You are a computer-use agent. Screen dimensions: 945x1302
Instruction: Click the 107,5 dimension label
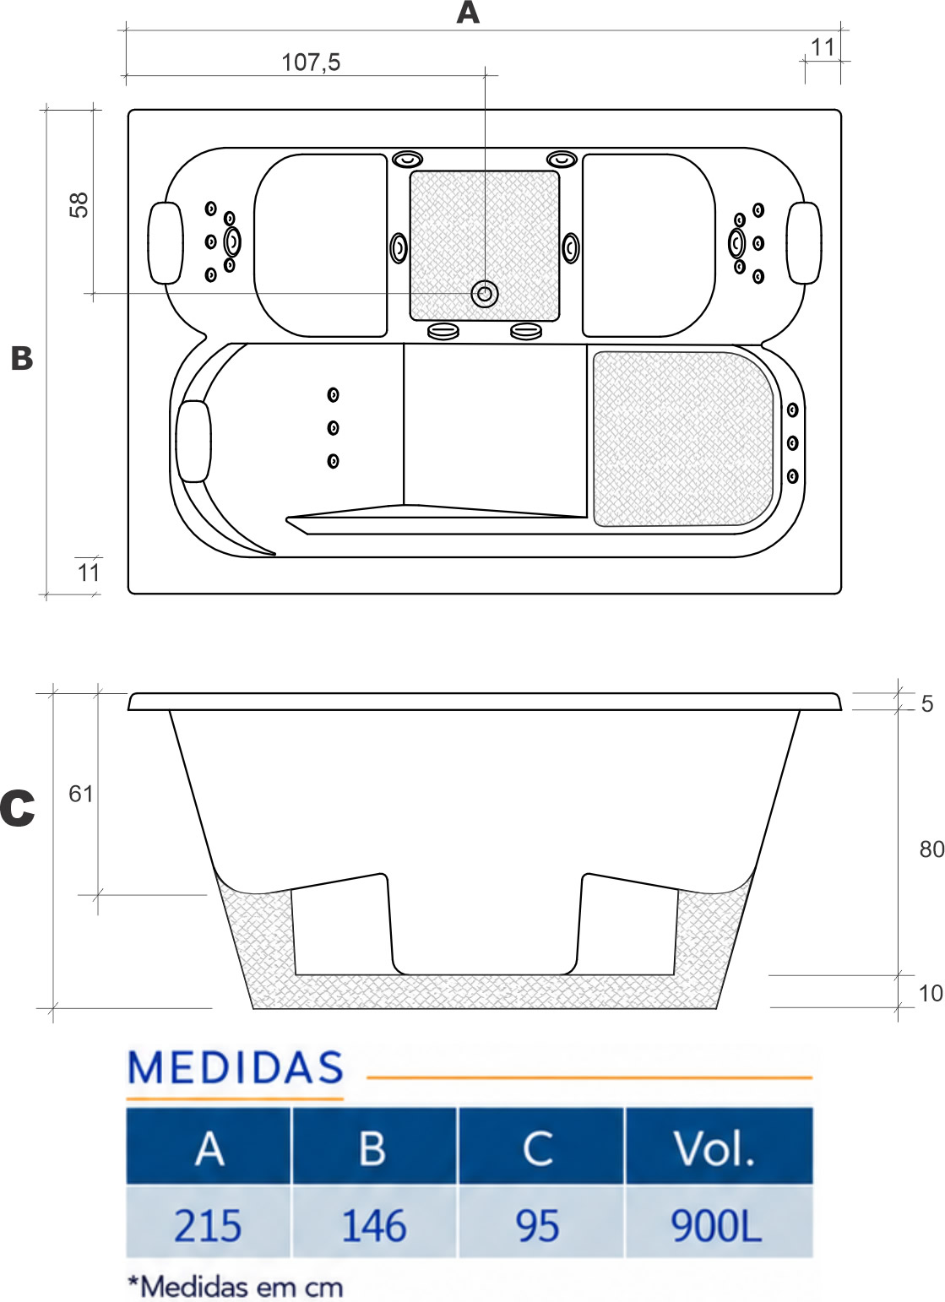pos(311,62)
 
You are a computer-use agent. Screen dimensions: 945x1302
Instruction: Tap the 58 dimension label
pos(79,204)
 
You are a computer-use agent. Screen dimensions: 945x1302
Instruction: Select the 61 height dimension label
pos(81,794)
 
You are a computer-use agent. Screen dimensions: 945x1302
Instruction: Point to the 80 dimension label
pos(931,849)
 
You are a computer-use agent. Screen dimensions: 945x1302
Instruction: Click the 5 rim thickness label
pos(927,704)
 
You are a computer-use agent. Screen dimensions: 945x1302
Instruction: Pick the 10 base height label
pos(931,993)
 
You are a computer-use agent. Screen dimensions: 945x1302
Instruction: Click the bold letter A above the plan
pos(468,12)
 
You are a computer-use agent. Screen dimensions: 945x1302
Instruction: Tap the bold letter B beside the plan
pos(22,358)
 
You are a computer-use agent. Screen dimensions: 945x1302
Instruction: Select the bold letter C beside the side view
pos(18,808)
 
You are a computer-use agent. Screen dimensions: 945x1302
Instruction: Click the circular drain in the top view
pos(484,294)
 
